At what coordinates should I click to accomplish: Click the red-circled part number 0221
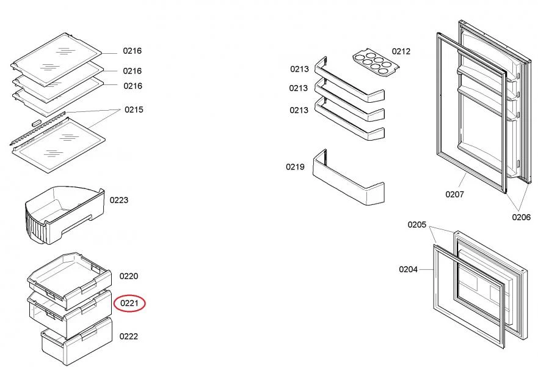click(129, 302)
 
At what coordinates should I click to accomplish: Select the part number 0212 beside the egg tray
click(401, 51)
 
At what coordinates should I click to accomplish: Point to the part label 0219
click(295, 166)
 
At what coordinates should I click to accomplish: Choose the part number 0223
click(119, 200)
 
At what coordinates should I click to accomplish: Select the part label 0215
click(134, 109)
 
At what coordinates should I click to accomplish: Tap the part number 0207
click(454, 195)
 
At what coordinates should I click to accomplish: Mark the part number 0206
click(521, 217)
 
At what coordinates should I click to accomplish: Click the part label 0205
click(417, 224)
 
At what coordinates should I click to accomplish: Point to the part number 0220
click(129, 276)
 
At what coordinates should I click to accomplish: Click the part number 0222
click(129, 336)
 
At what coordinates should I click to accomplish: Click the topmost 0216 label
click(133, 51)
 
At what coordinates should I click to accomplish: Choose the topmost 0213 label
click(299, 69)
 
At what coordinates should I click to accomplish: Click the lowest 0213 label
click(299, 110)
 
